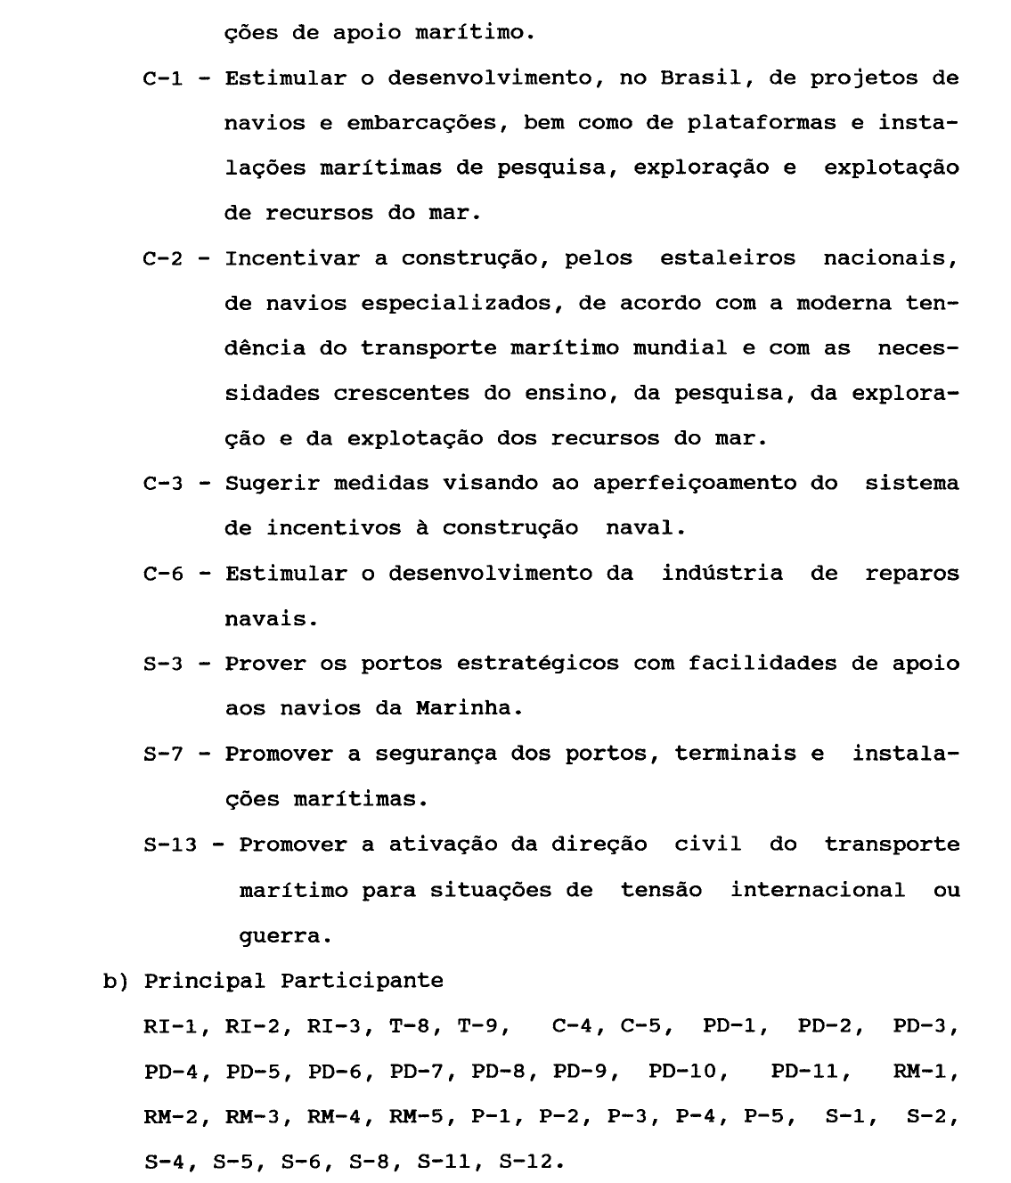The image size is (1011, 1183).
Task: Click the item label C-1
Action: click(x=163, y=78)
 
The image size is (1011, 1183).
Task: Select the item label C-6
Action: click(x=163, y=574)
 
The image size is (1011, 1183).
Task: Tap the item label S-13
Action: click(x=169, y=844)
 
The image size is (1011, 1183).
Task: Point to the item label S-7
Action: click(x=163, y=755)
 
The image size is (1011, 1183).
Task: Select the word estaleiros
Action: click(x=728, y=259)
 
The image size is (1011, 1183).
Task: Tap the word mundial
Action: click(x=680, y=348)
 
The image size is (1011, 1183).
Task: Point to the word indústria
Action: click(x=722, y=574)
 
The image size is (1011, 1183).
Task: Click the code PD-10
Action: click(x=682, y=1072)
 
